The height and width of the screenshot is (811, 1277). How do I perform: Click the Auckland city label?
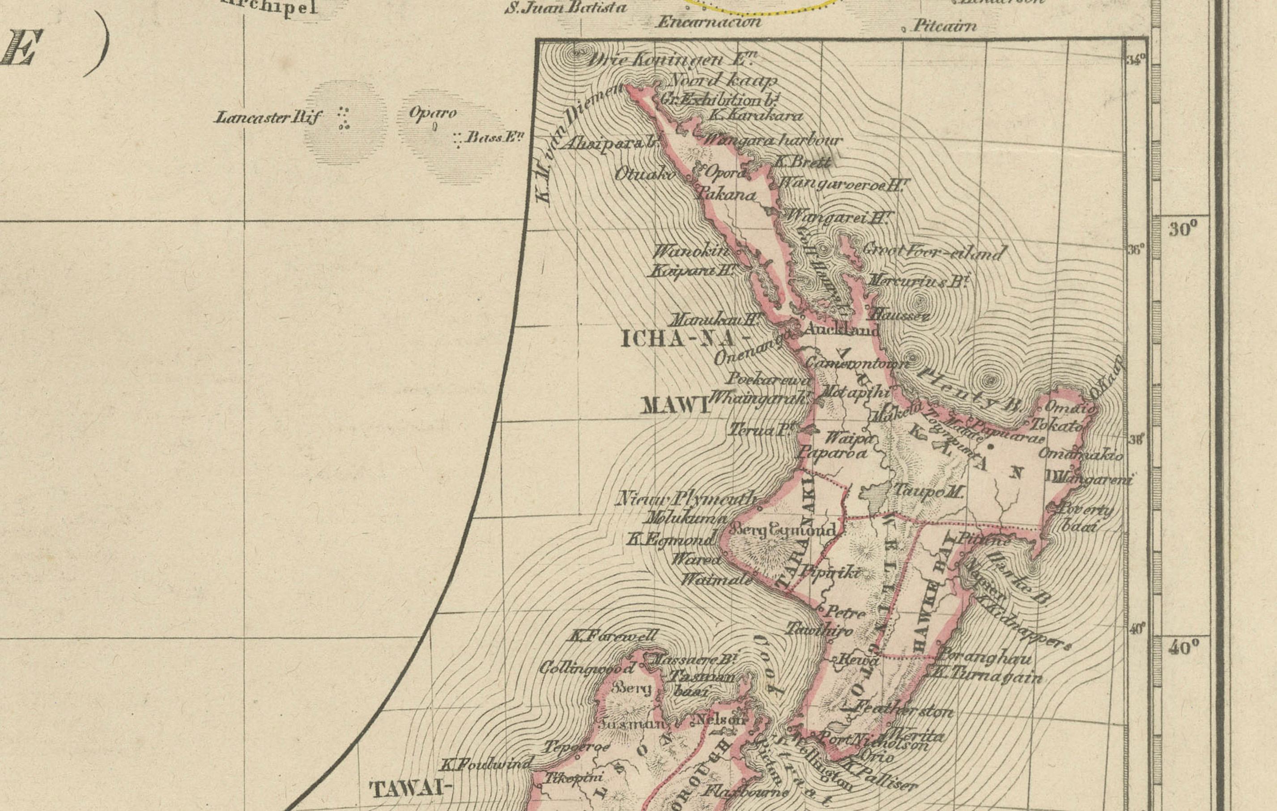coord(841,330)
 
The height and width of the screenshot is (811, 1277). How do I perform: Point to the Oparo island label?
coord(432,112)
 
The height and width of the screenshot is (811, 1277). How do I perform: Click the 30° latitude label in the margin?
coord(1183,229)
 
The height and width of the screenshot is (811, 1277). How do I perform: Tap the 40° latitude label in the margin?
coord(1183,647)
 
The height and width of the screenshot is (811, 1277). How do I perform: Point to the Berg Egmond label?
coord(783,529)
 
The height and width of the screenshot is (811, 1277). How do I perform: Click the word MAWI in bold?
coord(675,406)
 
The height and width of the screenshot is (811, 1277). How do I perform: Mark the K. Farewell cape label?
coord(613,636)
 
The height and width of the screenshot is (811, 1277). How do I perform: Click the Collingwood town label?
coord(586,668)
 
